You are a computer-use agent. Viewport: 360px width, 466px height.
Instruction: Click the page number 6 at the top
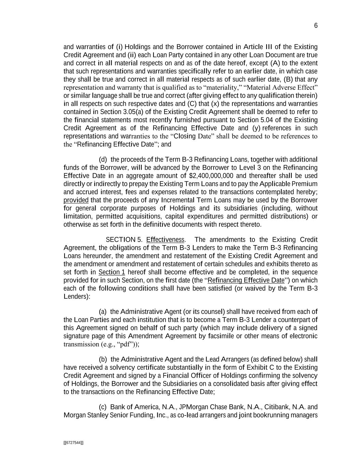coord(316,26)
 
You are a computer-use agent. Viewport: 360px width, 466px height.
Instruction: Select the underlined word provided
coord(76,200)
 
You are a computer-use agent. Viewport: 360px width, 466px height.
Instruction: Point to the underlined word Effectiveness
coord(165,240)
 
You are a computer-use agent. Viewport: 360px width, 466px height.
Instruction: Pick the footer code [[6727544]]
coord(73,443)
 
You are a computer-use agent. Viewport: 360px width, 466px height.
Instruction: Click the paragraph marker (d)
coord(103,159)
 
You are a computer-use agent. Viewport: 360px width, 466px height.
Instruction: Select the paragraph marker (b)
coord(103,359)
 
